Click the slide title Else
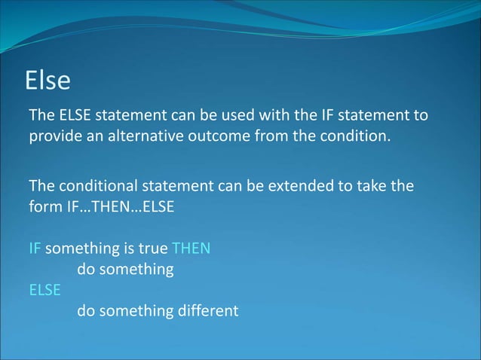pyautogui.click(x=48, y=81)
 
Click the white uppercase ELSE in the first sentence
pyautogui.click(x=74, y=115)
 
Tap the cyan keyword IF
pyautogui.click(x=35, y=248)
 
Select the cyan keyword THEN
pyautogui.click(x=191, y=248)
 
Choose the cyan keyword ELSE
pyautogui.click(x=44, y=288)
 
